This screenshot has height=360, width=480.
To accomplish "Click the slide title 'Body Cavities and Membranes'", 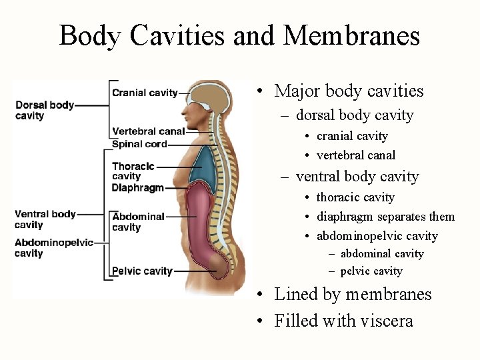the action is pos(239,35).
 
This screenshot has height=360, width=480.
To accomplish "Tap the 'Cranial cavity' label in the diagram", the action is pos(145,93).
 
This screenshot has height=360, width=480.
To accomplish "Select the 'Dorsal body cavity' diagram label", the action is pos(45,110).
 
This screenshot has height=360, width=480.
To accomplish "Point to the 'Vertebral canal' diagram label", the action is pos(148,131).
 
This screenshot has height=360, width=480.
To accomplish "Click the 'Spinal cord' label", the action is pos(139,143).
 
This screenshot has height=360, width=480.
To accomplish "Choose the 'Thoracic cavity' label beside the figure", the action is pos(133,171).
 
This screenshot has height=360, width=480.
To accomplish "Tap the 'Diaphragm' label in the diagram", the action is pos(137,188).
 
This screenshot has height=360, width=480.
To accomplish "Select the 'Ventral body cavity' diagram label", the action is pos(45,219).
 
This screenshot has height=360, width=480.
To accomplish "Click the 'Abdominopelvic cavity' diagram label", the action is pos(54,247).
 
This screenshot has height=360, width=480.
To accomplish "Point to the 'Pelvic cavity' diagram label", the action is pos(142,271).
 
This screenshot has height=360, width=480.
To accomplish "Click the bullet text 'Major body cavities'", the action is pos(349,91).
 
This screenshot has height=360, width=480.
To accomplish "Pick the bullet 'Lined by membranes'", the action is pos(353,294).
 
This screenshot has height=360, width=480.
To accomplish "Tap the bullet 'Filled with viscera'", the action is pos(343,321).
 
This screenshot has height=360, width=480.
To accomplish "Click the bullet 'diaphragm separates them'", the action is pos(385,217).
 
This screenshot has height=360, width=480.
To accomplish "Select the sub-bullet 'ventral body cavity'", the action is pos(357,177).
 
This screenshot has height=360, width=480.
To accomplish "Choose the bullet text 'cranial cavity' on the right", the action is pos(352,136).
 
